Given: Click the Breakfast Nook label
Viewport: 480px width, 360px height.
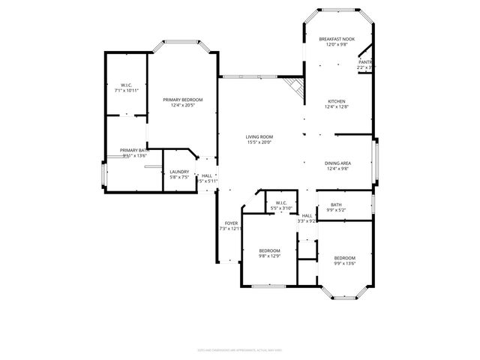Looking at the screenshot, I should point(336,39).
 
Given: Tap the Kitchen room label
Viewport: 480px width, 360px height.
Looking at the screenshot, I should point(336,101).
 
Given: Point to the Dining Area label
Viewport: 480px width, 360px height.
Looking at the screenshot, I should point(338,163).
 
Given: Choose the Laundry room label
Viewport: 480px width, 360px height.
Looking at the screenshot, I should point(178,172).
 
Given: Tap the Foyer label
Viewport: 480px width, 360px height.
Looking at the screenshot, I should point(229,223).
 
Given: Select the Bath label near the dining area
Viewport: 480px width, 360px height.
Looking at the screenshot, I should point(336,205).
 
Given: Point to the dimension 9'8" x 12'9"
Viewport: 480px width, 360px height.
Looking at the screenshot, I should point(269,256).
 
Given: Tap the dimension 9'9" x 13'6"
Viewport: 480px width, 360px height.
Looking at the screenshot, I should point(344,262).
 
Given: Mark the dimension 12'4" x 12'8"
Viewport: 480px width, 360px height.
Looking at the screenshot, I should point(336,107).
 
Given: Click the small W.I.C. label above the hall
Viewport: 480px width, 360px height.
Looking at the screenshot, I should point(281,202).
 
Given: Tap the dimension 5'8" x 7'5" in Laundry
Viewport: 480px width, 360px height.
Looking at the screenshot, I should point(178,178).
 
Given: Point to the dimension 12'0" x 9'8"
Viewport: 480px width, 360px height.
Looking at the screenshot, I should point(336,45).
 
